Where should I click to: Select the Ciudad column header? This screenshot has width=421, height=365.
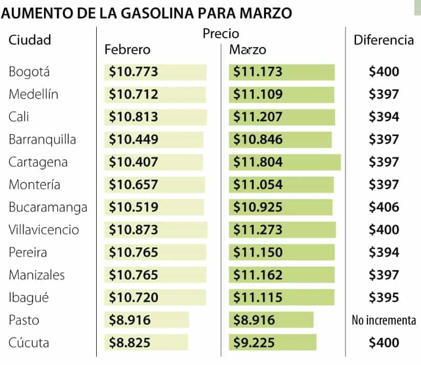tap(30, 39)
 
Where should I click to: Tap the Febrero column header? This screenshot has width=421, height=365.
tap(127, 50)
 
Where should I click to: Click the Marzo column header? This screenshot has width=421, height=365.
tap(248, 50)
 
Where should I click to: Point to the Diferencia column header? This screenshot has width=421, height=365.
tap(384, 40)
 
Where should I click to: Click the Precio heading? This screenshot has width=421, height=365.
tap(221, 34)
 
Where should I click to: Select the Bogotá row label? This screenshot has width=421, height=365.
tap(29, 72)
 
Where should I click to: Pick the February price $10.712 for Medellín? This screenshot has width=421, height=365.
tap(134, 95)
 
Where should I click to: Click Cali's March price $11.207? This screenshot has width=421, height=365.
tap(258, 117)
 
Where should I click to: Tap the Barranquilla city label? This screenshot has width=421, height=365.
tap(42, 140)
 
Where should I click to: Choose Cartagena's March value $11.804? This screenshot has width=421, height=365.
tap(258, 162)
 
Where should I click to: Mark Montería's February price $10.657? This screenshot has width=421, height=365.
tap(134, 185)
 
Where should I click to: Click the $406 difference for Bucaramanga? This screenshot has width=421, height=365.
tap(384, 207)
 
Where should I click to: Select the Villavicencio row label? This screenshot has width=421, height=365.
tap(43, 230)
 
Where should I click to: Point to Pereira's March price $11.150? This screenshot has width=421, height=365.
tap(258, 252)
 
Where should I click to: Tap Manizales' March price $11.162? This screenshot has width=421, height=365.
tap(258, 275)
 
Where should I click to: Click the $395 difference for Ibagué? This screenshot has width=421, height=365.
tap(384, 297)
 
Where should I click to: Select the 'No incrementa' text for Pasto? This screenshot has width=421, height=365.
tap(384, 320)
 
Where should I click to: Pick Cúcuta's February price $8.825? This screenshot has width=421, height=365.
tap(130, 342)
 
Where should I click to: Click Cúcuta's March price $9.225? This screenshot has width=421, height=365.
tap(254, 342)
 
